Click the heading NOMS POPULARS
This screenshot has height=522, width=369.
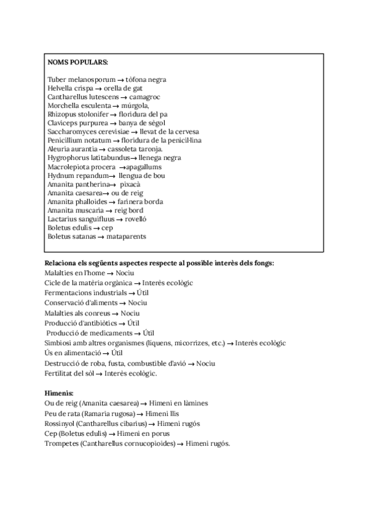tap(77, 62)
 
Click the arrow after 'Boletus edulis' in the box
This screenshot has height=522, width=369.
tap(97, 227)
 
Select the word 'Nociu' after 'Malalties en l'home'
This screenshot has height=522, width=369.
tap(124, 273)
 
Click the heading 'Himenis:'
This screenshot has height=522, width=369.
tap(59, 393)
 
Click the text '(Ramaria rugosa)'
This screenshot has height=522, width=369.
tap(108, 413)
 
